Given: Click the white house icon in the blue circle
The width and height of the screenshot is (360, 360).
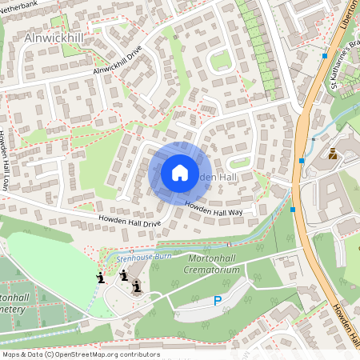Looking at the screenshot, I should [x=179, y=172].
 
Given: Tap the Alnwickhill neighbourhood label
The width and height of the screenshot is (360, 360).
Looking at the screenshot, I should [x=54, y=38].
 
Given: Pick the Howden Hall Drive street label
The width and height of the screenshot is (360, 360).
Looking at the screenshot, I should [x=130, y=221].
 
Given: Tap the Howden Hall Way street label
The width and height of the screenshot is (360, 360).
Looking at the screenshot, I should [x=214, y=209].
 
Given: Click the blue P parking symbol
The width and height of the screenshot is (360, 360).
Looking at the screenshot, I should [x=217, y=301].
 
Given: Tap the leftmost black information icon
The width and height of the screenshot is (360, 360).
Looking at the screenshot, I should [x=100, y=278].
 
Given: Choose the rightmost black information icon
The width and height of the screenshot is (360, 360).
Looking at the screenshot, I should [x=137, y=286].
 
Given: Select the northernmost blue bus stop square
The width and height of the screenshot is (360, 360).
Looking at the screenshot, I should [x=324, y=56].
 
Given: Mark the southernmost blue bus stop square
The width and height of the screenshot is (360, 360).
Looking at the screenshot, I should [x=294, y=210].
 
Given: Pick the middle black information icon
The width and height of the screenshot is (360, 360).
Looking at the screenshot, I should [x=124, y=274].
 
